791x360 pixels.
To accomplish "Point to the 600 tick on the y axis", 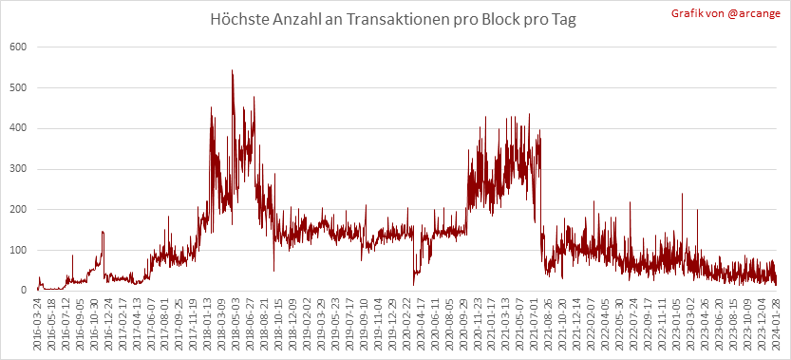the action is pyautogui.click(x=18, y=47).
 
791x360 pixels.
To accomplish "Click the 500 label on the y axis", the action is pyautogui.click(x=18, y=87).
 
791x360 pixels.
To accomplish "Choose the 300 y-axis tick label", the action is pyautogui.click(x=18, y=169).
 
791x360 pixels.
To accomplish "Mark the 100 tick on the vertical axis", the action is pyautogui.click(x=18, y=251).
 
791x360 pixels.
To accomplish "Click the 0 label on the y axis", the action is pyautogui.click(x=23, y=291).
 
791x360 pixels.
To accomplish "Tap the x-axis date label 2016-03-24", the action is pyautogui.click(x=37, y=321).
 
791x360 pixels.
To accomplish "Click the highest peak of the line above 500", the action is pyautogui.click(x=232, y=70).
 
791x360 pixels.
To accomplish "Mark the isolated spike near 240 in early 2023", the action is pyautogui.click(x=682, y=194).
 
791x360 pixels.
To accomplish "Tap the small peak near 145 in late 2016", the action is pyautogui.click(x=103, y=232).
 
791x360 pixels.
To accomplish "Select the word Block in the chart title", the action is pyautogui.click(x=510, y=20).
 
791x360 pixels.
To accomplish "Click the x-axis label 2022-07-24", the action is pyautogui.click(x=630, y=321).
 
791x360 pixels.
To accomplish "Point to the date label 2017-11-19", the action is pyautogui.click(x=192, y=321).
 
